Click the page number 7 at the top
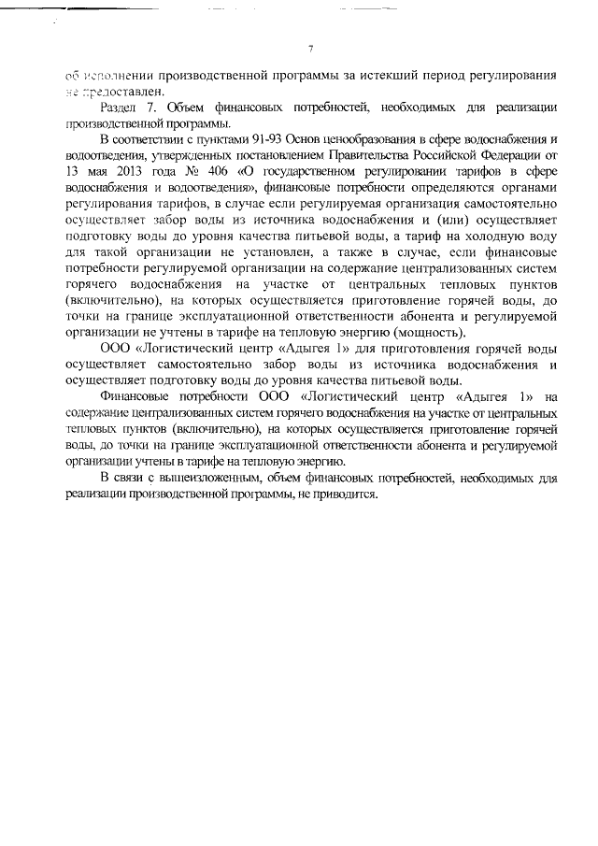pos(309,50)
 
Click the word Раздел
pos(120,108)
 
